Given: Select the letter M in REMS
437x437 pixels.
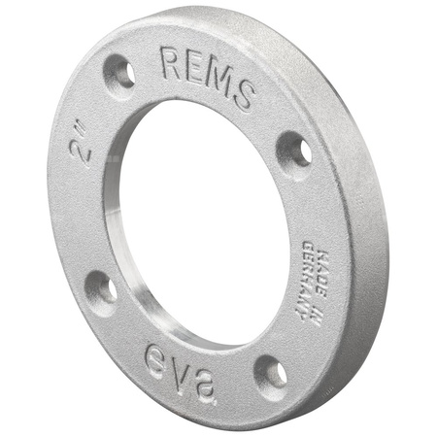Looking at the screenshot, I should pos(218,82).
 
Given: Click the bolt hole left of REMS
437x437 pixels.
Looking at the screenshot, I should pos(119,71).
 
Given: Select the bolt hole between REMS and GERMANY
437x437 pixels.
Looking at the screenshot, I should pos(294,151).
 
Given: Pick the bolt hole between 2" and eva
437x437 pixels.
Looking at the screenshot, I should pos(100,288).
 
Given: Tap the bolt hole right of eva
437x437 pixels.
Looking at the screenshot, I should pos(271,374).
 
